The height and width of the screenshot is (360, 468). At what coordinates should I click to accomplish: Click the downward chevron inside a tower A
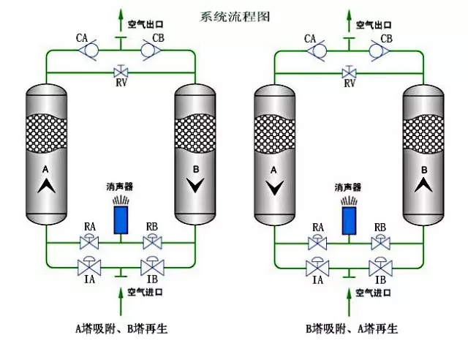(273, 188)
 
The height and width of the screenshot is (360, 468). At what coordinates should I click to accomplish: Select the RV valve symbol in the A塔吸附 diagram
(120, 72)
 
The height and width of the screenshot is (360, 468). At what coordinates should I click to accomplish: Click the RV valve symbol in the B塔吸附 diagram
(349, 72)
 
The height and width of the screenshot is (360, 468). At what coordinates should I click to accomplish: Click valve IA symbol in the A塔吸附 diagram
(89, 264)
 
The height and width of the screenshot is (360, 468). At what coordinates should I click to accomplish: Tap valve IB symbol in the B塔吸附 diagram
(380, 264)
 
